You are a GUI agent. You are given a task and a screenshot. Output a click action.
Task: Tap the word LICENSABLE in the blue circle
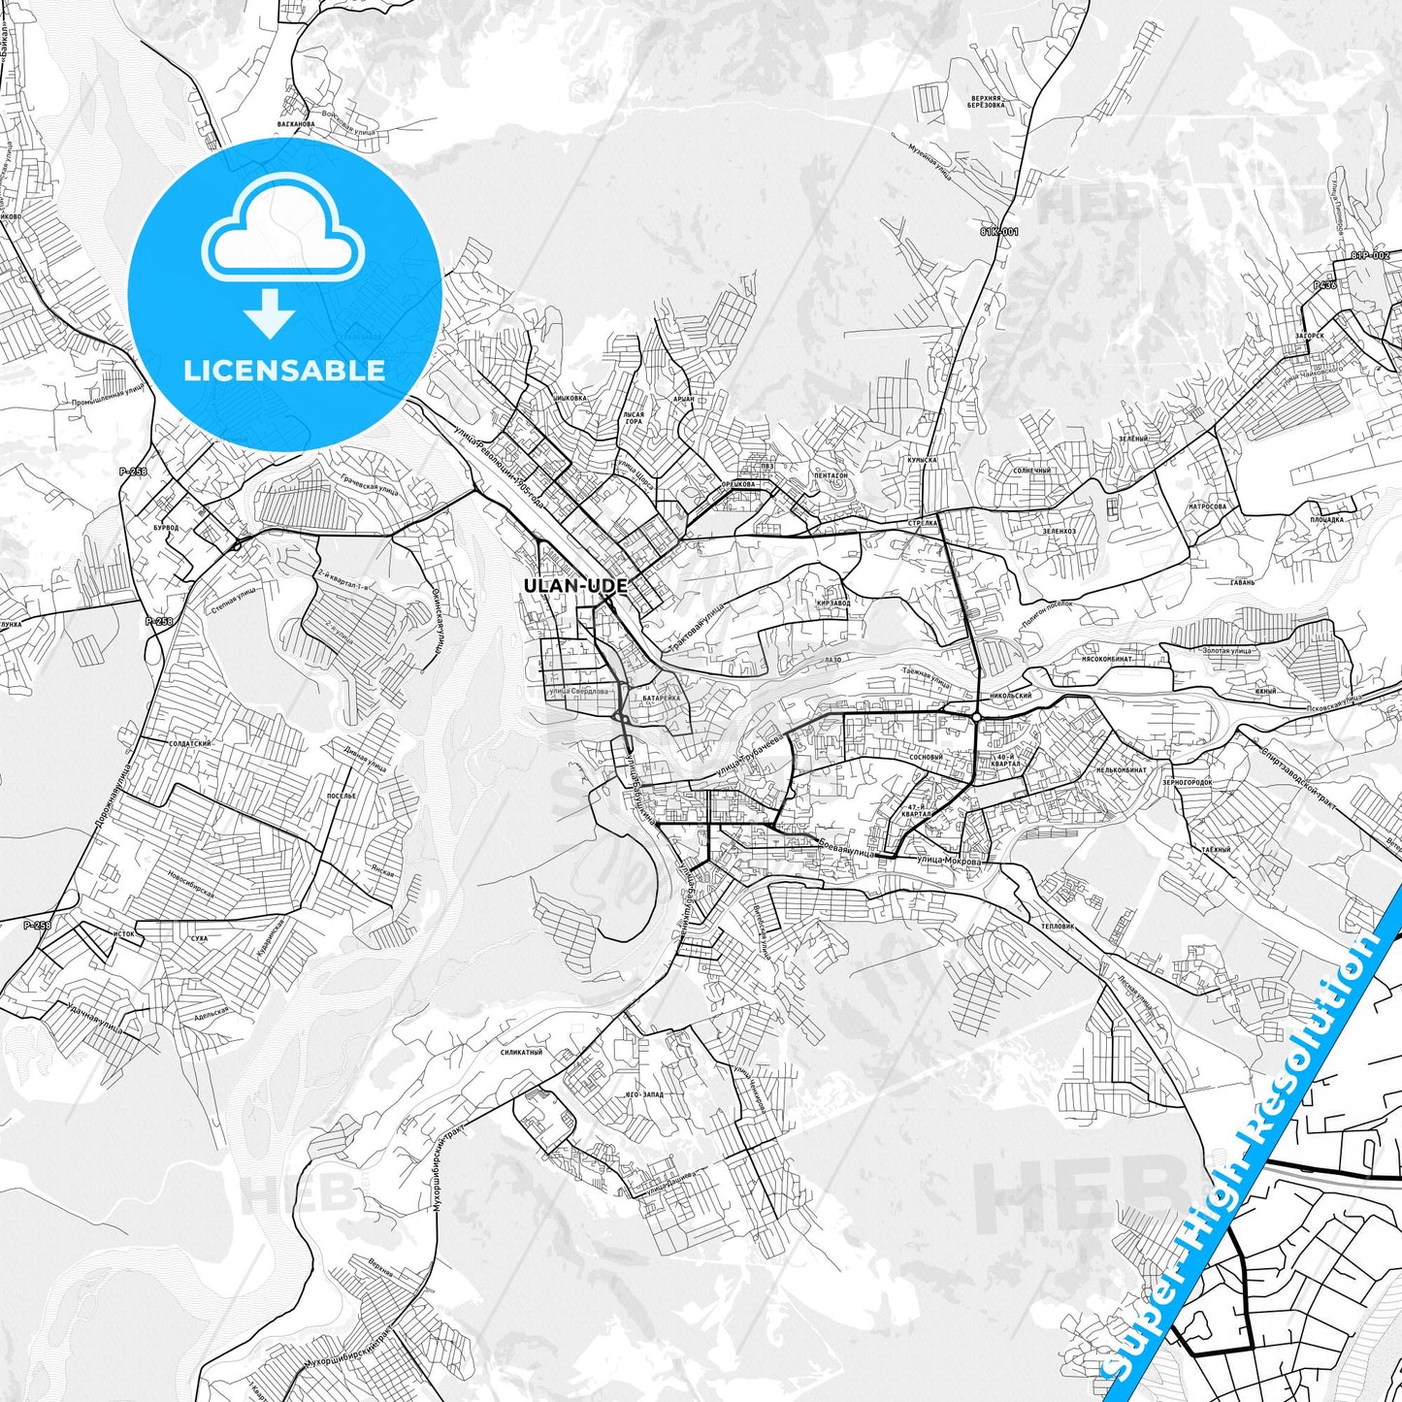point(284,371)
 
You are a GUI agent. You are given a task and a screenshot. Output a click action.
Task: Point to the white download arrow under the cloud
point(270,312)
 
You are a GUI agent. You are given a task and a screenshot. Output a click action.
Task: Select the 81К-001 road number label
point(998,233)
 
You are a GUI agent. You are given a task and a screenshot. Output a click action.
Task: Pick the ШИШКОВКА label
point(570,397)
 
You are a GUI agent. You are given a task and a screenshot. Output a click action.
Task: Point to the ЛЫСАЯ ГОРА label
point(633,418)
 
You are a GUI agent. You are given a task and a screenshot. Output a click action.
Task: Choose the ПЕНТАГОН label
point(831,475)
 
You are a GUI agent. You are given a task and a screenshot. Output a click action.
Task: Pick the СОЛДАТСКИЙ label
point(191,743)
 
